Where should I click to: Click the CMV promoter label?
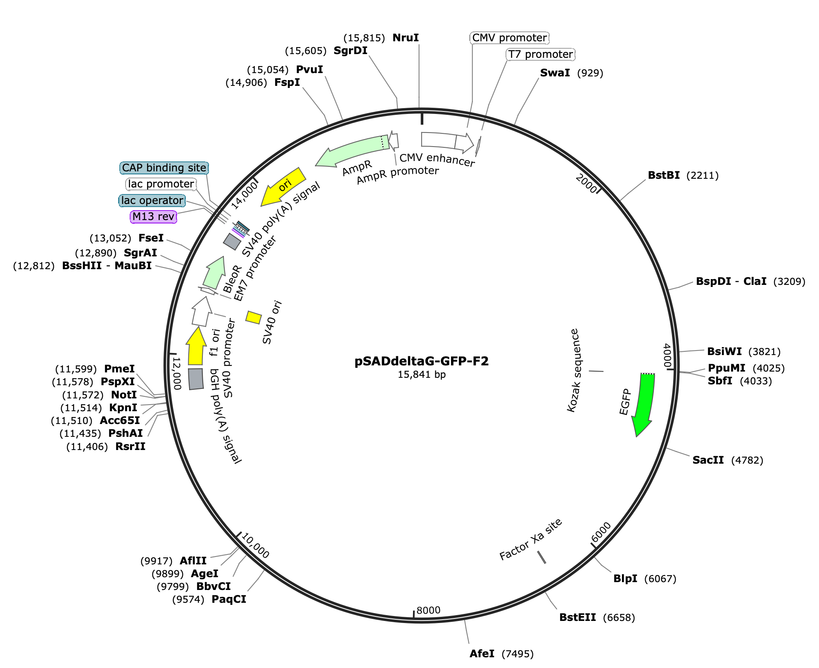pyautogui.click(x=510, y=38)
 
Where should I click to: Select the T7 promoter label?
pyautogui.click(x=540, y=54)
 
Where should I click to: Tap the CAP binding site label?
pyautogui.click(x=164, y=168)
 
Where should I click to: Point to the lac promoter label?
pyautogui.click(x=161, y=184)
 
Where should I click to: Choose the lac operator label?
pyautogui.click(x=152, y=201)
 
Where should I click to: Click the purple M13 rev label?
pyautogui.click(x=153, y=217)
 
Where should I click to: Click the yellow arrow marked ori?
pyautogui.click(x=284, y=186)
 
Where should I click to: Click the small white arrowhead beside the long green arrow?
pyautogui.click(x=394, y=141)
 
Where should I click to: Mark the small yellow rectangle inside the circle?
pyautogui.click(x=254, y=317)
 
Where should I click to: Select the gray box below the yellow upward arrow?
pyautogui.click(x=196, y=379)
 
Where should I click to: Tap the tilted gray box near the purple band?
pyautogui.click(x=232, y=242)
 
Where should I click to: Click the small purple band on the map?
pyautogui.click(x=238, y=233)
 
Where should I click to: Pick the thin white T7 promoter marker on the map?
pyautogui.click(x=479, y=147)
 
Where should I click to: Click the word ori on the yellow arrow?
pyautogui.click(x=285, y=185)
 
